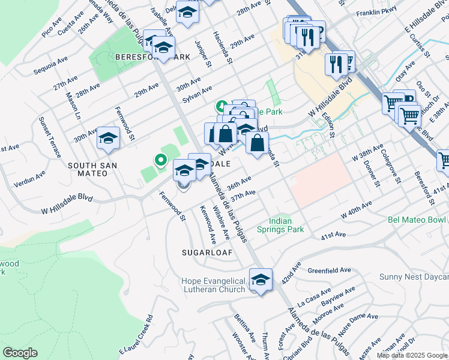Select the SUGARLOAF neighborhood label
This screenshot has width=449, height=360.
click(x=207, y=253)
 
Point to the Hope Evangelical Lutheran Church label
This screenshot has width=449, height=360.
click(x=214, y=285)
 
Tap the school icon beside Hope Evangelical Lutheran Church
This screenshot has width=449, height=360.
click(x=261, y=280)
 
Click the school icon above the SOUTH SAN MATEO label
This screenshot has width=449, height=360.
click(x=108, y=139)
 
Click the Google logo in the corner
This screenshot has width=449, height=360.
click(x=20, y=353)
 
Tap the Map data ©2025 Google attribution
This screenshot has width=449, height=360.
click(x=412, y=355)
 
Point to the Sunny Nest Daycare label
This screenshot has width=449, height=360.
click(x=414, y=277)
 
